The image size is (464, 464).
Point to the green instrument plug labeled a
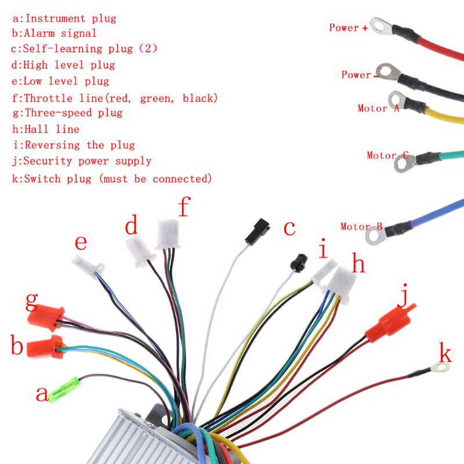click(64, 390)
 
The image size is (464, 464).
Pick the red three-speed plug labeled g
click(46, 318)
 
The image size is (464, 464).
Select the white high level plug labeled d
click(140, 251)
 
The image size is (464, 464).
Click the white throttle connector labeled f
click(168, 234)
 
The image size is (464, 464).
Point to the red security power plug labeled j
click(390, 323)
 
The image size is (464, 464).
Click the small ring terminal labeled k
click(440, 368)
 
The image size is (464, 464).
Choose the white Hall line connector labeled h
click(340, 284)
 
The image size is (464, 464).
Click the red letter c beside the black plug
click(289, 229)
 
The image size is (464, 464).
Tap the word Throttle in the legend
click(48, 98)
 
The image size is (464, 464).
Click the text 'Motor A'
click(379, 108)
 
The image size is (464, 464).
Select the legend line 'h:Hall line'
click(46, 129)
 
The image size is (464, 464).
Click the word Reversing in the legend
click(52, 145)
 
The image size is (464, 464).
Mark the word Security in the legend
click(48, 161)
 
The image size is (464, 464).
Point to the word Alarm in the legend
click(39, 33)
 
